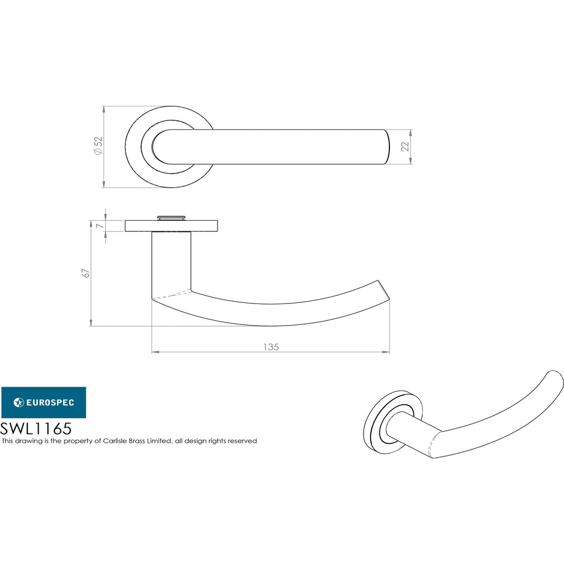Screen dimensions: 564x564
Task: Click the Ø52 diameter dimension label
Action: pos(98,145)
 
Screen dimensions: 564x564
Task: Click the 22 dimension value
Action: pos(405,147)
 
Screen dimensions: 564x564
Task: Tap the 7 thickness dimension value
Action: pos(100,225)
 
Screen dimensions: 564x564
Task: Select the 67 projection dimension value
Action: pos(86,273)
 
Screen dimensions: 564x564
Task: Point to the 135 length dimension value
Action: pos(271,347)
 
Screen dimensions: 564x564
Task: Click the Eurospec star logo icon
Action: pos(19,402)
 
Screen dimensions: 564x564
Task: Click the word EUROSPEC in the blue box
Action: pos(50,403)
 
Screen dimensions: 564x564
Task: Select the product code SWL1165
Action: pos(36,429)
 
